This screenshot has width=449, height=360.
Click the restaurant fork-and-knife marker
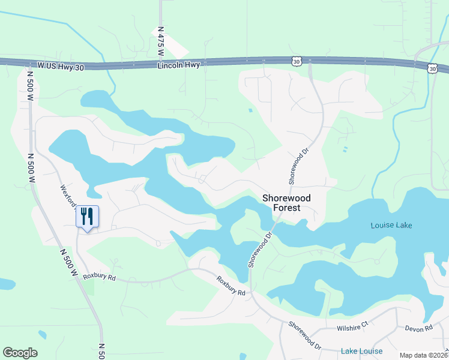point(87,217)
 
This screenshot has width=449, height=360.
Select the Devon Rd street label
point(418,328)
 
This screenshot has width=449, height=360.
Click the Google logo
point(20,353)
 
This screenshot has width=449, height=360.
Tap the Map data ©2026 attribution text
point(423,355)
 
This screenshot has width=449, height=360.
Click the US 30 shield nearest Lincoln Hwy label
point(297,61)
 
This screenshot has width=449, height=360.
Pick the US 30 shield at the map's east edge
point(433,69)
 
